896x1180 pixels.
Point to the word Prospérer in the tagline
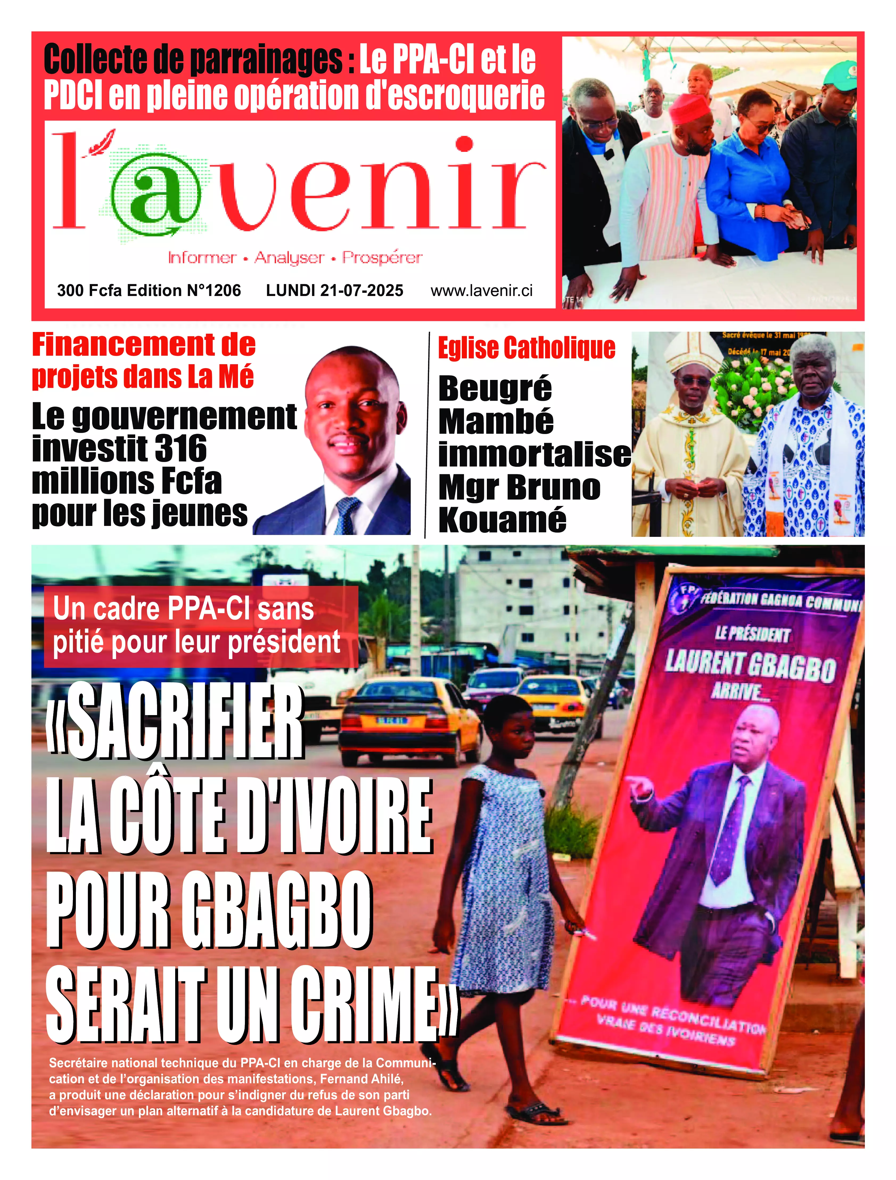pyautogui.click(x=382, y=258)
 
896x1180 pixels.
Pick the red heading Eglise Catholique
pyautogui.click(x=527, y=348)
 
